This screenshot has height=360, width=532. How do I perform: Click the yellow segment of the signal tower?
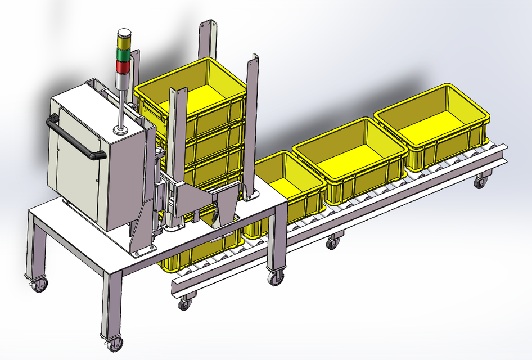(x=123, y=42)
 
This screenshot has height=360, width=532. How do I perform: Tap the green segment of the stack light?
(x=123, y=54)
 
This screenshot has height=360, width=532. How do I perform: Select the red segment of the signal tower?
(x=123, y=67)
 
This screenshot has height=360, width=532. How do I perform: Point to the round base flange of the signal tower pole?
(x=120, y=132)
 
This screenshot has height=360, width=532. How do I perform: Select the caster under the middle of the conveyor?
(x=333, y=243)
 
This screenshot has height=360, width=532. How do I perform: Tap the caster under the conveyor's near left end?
(x=184, y=304)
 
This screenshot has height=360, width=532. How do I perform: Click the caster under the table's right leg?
(x=276, y=277)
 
